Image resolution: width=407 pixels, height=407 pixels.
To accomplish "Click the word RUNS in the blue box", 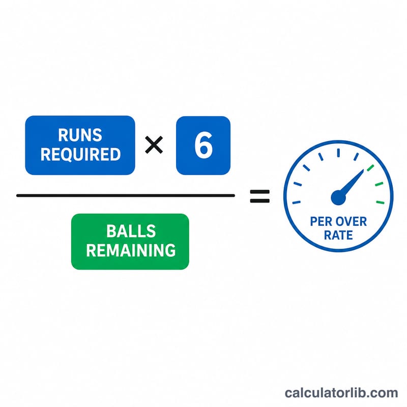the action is coord(80,135).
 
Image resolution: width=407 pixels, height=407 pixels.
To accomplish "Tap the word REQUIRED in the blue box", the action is coord(80,155).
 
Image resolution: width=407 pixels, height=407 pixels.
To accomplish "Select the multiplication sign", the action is coord(154,145).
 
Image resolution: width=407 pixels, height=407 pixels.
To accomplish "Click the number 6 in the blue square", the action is coord(203,145).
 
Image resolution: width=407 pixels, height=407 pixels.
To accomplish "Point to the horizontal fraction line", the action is coord(126,195).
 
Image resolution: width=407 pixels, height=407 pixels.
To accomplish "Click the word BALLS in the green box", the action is coord(131,231).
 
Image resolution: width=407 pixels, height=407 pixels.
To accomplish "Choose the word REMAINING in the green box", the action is coord(131,250).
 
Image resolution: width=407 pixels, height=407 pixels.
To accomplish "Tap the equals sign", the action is coord(259,196).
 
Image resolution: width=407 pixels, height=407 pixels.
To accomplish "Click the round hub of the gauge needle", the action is coord(338,197).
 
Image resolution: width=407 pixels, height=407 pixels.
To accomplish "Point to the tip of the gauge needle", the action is coord(363,170).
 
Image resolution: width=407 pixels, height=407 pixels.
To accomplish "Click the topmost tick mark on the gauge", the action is coord(338,153).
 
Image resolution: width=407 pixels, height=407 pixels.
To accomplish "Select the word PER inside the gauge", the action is coord(321,222).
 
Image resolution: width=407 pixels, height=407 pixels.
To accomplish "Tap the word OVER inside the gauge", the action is coord(351,222).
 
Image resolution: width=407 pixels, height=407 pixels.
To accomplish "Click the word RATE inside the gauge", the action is coord(338,235).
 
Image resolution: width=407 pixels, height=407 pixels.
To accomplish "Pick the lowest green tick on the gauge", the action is coord(380,202).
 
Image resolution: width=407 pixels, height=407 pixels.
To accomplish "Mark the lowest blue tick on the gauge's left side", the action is coord(297,202).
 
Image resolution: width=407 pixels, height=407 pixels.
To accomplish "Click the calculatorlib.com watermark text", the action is coord(341,393).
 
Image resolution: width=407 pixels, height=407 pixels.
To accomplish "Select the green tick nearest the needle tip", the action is coord(370,168).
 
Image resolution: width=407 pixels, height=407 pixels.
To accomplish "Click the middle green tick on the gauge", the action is coord(379,184).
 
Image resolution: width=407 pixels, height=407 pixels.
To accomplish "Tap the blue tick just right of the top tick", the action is coord(356,157).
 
